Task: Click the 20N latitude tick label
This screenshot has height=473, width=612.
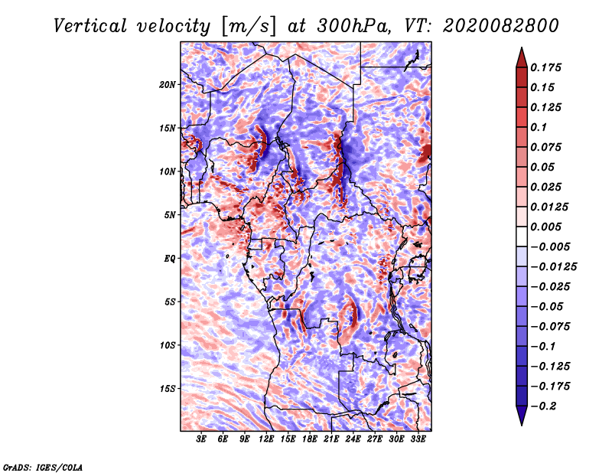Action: click(x=168, y=85)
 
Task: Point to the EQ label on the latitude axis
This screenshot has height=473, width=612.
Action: click(x=170, y=259)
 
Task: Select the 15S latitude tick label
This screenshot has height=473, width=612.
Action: click(x=168, y=389)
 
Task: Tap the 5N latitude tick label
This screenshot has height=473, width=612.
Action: click(x=170, y=215)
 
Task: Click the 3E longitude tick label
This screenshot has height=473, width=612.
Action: click(x=201, y=439)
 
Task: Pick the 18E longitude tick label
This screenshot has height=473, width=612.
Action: click(x=310, y=439)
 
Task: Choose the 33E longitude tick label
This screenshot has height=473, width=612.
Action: click(x=418, y=439)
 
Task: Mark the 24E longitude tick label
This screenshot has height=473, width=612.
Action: click(x=353, y=439)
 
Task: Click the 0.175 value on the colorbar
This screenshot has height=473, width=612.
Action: click(x=545, y=67)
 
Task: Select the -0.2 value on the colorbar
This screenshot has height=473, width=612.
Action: click(x=543, y=406)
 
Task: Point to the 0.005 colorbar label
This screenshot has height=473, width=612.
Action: click(x=545, y=227)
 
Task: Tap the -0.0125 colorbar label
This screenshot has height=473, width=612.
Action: click(x=553, y=267)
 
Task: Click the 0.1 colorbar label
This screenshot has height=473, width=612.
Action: click(x=539, y=127)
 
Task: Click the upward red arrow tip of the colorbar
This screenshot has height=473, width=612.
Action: click(x=522, y=48)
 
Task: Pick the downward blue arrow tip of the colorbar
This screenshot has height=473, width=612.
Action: click(x=522, y=424)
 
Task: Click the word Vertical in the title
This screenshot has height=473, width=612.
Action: click(x=90, y=26)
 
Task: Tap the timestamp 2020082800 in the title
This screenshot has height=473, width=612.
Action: click(x=501, y=26)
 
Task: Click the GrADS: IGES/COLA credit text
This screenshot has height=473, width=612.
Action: click(x=43, y=467)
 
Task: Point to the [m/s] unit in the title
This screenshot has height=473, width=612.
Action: click(x=249, y=26)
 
